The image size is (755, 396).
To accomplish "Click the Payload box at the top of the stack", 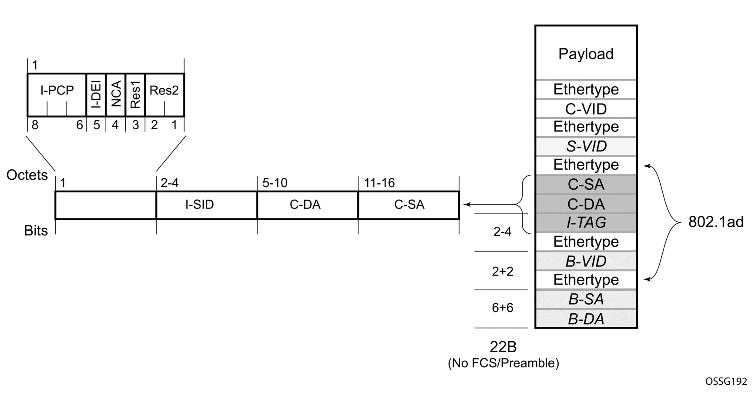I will pos(586,54).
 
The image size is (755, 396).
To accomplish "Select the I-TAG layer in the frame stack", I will pos(586,223).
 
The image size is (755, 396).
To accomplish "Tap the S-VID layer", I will pos(586,146).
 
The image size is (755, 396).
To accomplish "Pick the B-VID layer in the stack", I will pos(586,261).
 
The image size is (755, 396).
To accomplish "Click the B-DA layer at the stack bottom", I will pos(586,319).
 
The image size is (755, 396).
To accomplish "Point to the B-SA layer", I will pos(586,299).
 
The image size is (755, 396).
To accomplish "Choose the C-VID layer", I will pos(586,109).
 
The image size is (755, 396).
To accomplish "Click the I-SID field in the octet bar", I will pos(200,205).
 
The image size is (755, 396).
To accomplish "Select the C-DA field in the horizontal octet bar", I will pos(305,205).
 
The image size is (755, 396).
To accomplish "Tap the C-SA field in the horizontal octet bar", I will pos(409,205).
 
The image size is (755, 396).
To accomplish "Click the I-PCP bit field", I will pos(57,91).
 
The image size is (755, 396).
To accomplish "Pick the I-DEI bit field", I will pos(96,94).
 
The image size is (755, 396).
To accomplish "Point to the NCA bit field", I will pos(116,94).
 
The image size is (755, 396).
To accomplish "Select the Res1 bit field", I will pos(135,94).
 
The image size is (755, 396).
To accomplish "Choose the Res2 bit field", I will pos(164,91).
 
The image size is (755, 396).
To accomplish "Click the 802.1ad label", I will pos(715,222).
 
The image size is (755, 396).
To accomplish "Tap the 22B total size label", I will pos(503,347).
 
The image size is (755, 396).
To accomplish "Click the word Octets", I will pos(27,175).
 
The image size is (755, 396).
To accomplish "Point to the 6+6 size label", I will pos(503,308).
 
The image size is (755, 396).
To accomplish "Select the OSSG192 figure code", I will pos(726,381).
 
